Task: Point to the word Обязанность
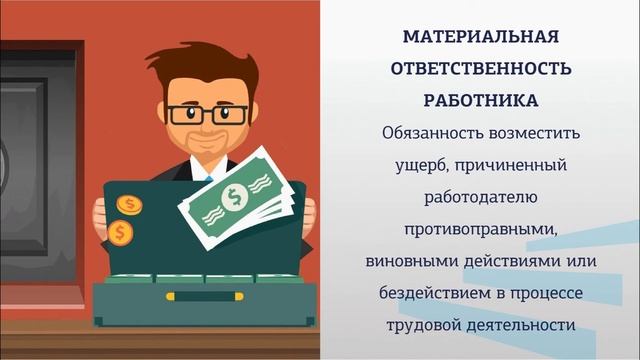coord(428,133)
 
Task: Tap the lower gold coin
coord(121,232)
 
